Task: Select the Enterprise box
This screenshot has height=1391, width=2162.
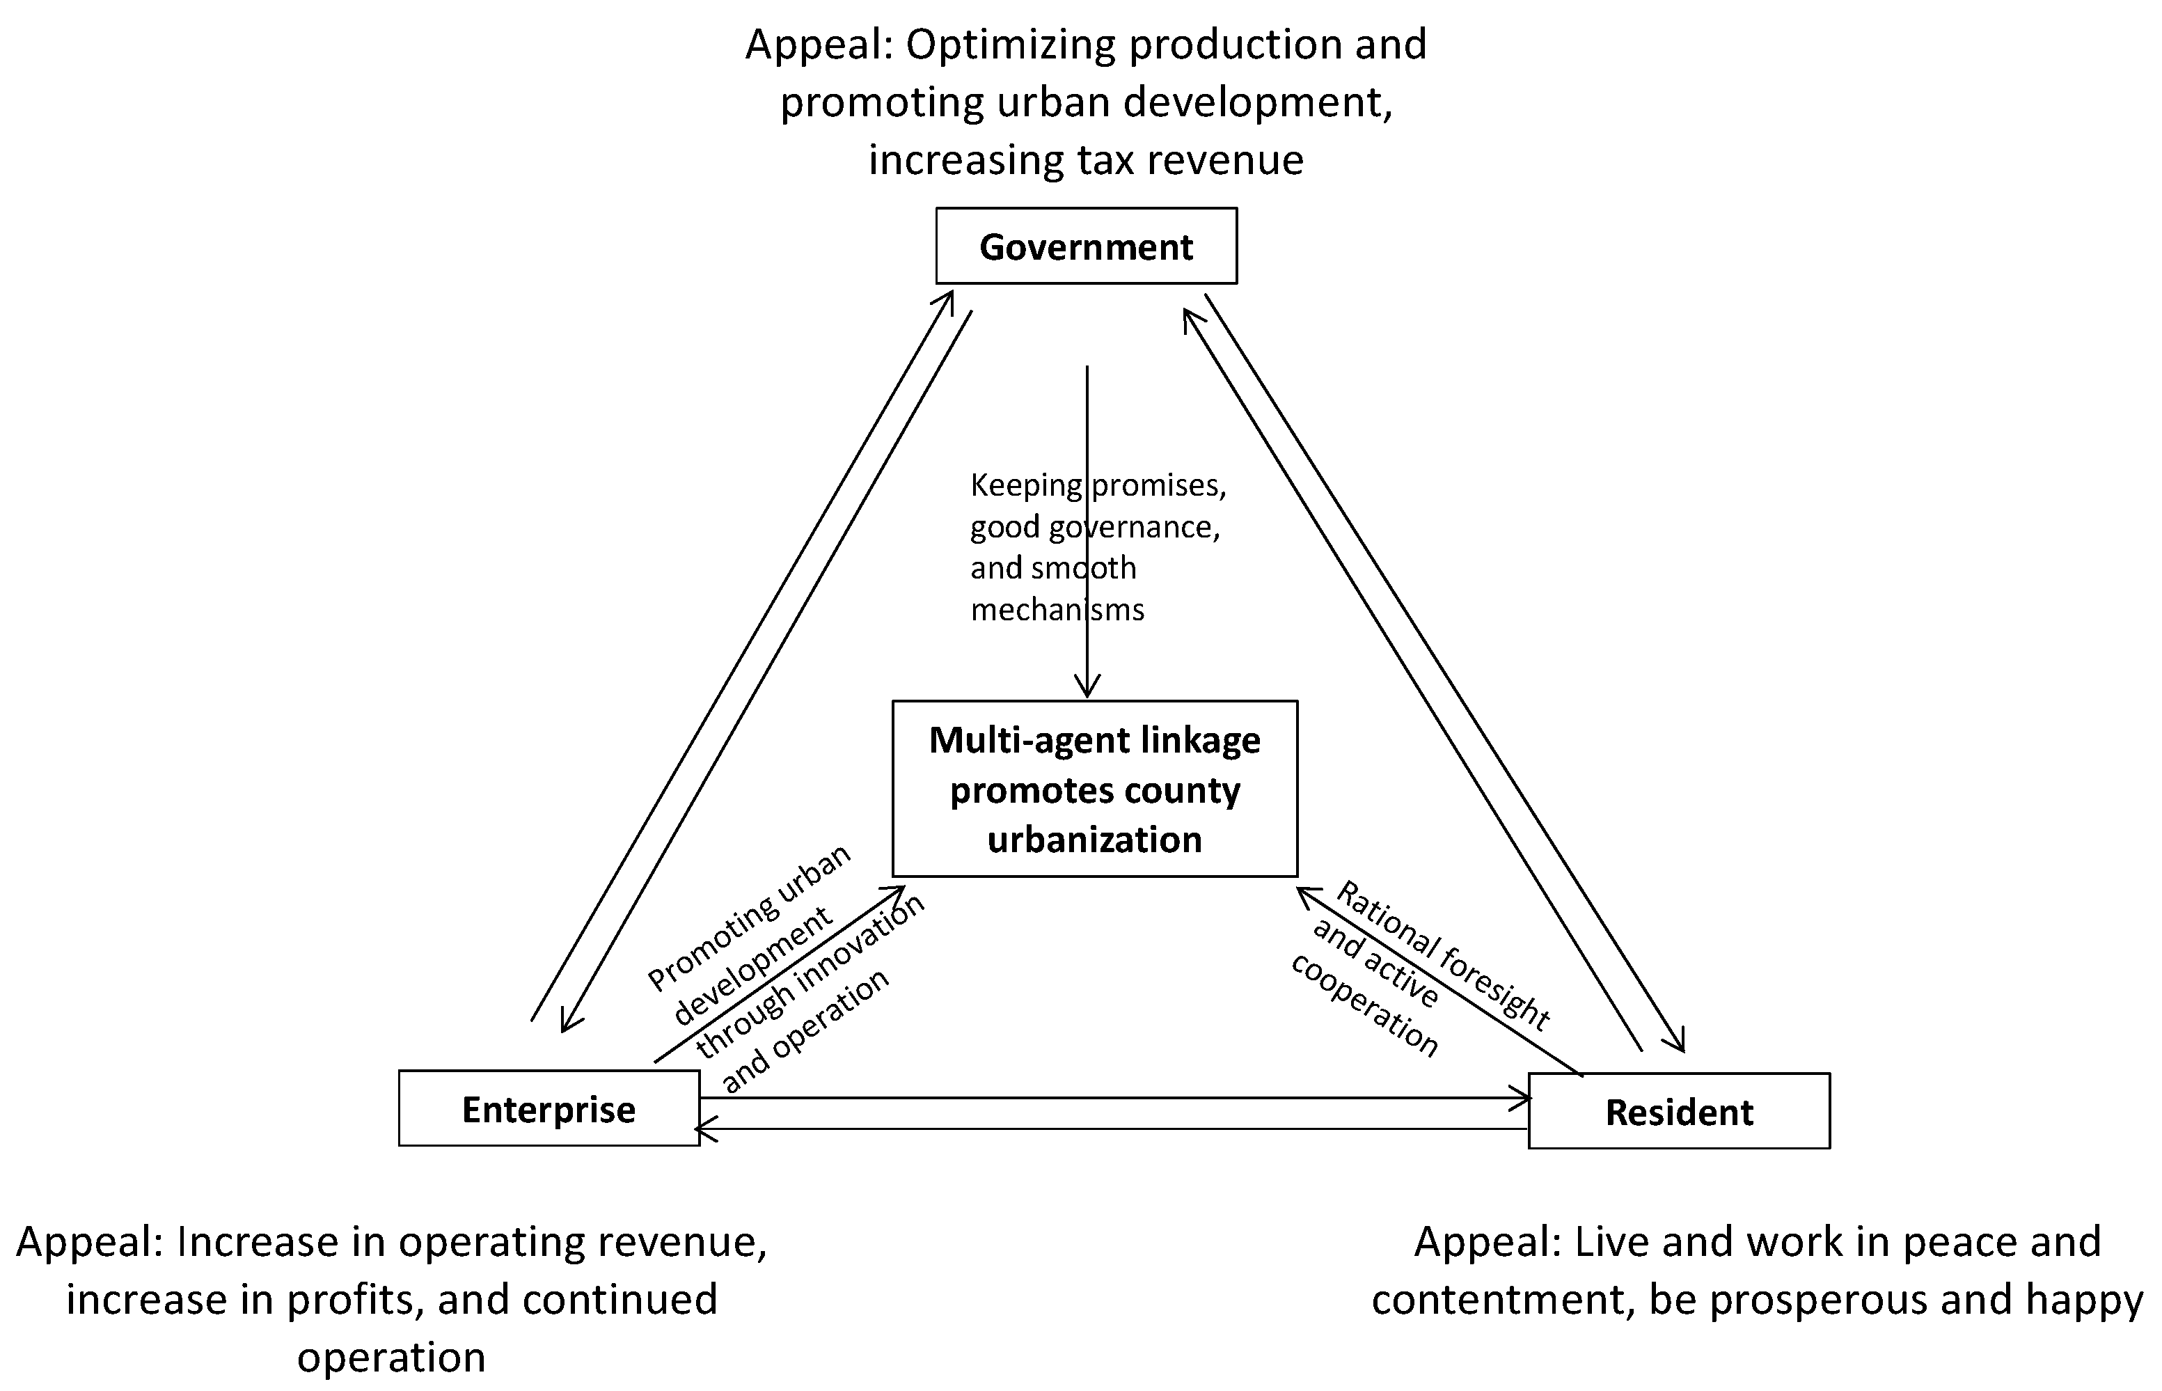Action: click(x=549, y=1109)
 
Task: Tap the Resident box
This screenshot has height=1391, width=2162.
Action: click(x=1679, y=1112)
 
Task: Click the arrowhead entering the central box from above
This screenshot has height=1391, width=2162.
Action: click(x=1087, y=689)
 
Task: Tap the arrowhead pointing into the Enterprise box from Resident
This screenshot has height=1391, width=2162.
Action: click(x=705, y=1129)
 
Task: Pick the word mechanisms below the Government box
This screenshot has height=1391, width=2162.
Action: click(x=1057, y=610)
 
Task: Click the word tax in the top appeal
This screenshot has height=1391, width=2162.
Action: click(x=1103, y=160)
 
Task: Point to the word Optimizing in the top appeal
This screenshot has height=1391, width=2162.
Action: click(x=1011, y=45)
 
